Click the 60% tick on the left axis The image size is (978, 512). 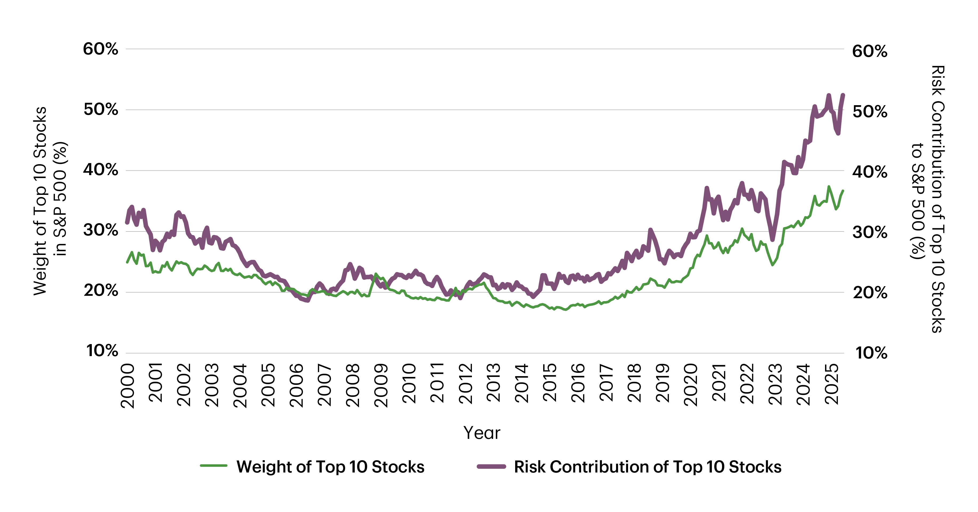tap(101, 49)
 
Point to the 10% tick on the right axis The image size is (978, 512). tap(871, 353)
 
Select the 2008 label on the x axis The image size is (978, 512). tap(353, 385)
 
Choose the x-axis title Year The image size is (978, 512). tap(482, 433)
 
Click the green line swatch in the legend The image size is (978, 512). tap(213, 466)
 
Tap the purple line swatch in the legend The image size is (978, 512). tap(491, 466)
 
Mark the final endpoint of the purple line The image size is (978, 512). tap(843, 95)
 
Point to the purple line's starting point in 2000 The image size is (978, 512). tap(127, 223)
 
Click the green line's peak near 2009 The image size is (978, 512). tap(376, 274)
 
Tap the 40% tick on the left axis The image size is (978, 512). tap(101, 170)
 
